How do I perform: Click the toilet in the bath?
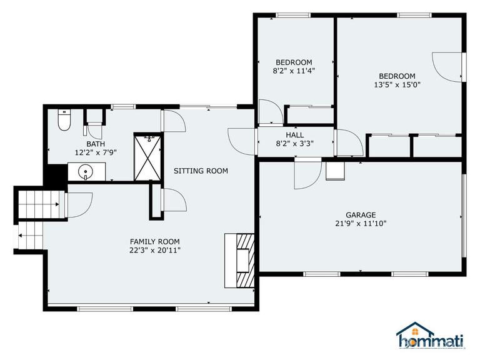[x=63, y=121]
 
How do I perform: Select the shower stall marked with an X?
[x=147, y=156]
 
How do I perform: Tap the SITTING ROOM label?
[x=201, y=171]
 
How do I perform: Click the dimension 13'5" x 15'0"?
[x=397, y=85]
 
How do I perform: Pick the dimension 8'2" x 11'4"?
[x=294, y=71]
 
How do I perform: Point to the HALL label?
[x=294, y=134]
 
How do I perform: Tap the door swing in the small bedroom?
[x=269, y=111]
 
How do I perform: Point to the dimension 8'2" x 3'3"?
[x=294, y=143]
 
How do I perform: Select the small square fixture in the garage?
[x=335, y=171]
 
